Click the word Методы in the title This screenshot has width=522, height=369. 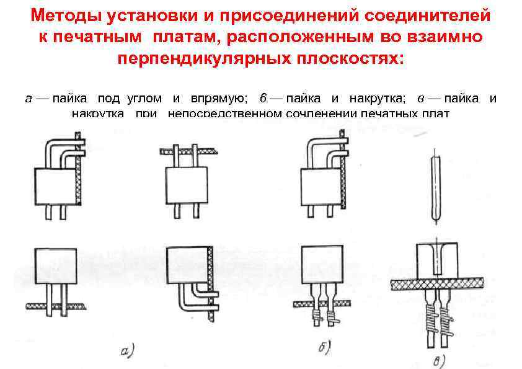[63, 14]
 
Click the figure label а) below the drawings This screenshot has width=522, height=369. [127, 352]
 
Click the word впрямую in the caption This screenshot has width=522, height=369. [218, 98]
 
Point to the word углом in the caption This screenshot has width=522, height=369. [144, 98]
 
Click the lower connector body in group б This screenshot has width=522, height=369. [321, 265]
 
